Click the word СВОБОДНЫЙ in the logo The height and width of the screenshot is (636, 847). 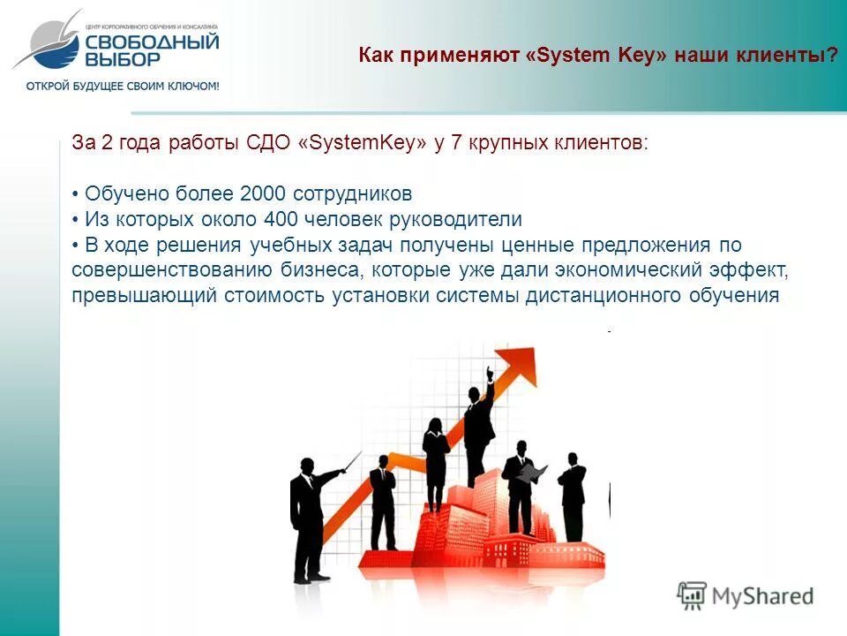coord(152,41)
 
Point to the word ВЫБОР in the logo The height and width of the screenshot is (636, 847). coord(124,59)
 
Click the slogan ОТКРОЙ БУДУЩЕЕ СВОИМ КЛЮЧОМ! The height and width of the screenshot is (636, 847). coord(123,86)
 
